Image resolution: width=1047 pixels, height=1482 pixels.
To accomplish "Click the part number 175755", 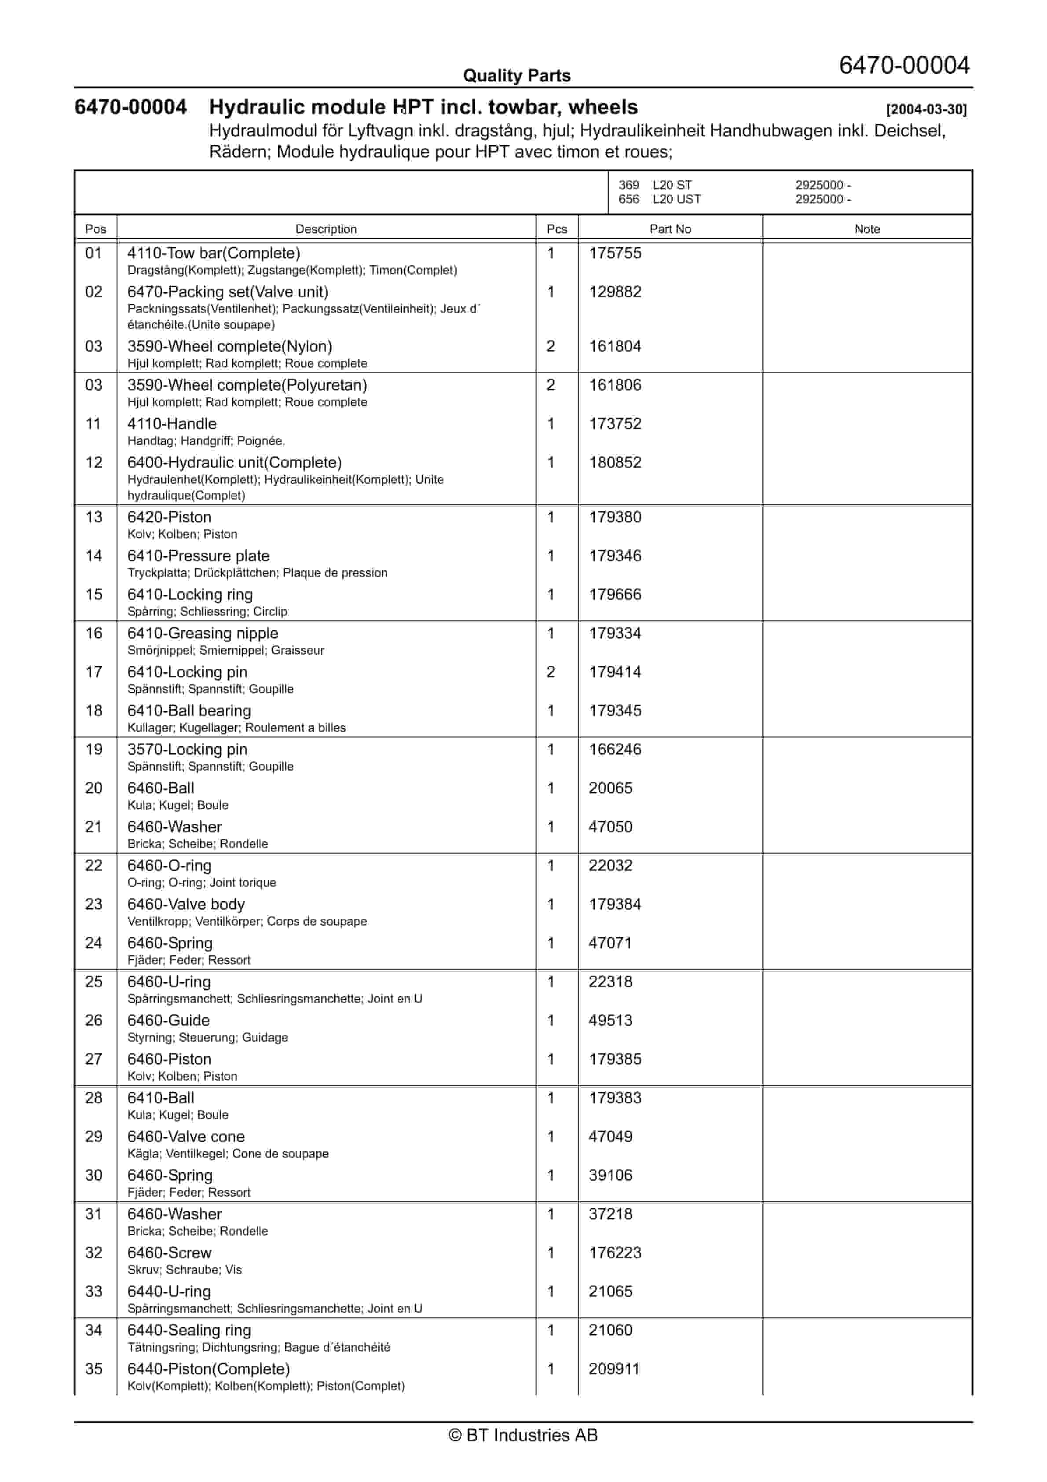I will pos(615,253).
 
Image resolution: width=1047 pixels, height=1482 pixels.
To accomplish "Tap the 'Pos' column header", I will pos(95,229).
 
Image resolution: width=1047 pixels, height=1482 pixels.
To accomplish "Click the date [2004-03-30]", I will pos(926,109).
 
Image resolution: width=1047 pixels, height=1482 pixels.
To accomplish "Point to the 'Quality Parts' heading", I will pos(516,76).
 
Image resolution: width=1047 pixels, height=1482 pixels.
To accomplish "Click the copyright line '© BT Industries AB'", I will pos(523,1435).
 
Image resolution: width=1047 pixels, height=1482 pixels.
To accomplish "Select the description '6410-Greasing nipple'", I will pos(203,633).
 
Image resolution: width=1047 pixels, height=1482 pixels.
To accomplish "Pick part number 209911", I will pos(614,1369).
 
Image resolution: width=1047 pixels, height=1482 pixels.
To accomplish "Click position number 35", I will pos(94,1369).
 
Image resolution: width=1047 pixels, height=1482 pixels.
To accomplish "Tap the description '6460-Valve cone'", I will pos(186,1137).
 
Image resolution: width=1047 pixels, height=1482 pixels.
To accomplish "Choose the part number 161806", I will pos(615,385).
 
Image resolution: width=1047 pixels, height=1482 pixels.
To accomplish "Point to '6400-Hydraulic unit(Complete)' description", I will pos(234,463).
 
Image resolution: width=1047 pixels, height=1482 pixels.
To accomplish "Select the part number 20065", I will pos(610,788).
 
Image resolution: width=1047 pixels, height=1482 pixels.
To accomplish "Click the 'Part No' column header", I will pos(670,229).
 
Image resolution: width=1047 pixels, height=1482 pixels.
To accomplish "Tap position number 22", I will pos(94,866).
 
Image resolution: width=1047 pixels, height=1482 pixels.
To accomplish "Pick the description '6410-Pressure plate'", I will pos(198,556).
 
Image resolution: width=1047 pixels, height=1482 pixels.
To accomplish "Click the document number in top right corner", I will pos(904,65).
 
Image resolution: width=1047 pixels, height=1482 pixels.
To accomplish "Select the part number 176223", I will pos(615,1253).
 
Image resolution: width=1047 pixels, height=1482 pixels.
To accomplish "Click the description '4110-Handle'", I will pos(172,424).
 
